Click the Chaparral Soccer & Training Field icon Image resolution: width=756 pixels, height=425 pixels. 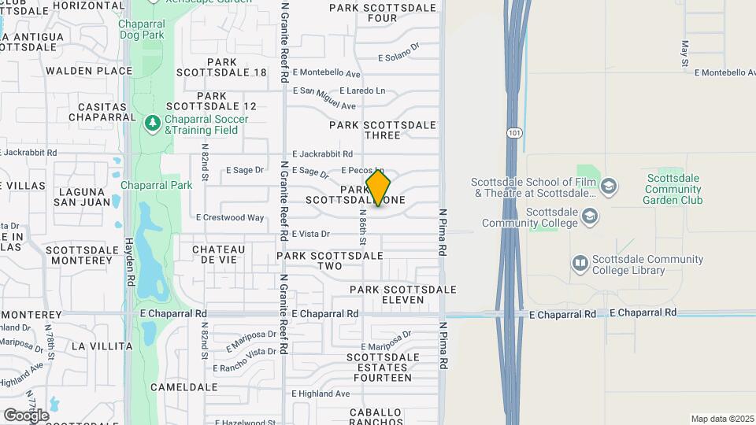point(152,124)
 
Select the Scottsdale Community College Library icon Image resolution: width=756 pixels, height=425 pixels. point(580,264)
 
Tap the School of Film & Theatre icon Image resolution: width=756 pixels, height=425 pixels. point(608,186)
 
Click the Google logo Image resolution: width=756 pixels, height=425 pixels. point(26,416)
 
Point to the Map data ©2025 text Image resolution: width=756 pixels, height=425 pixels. point(722,419)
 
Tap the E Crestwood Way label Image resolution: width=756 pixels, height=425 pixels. point(230,217)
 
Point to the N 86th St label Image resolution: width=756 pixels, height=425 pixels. point(363,226)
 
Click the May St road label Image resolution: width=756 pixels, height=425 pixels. point(685,52)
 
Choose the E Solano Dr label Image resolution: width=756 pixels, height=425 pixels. point(398,57)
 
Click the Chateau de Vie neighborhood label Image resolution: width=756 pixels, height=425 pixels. point(219,254)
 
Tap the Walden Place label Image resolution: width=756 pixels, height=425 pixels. point(89,71)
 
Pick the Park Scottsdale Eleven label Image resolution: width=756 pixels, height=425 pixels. point(403,294)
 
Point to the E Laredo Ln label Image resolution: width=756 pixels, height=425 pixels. point(363,91)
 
